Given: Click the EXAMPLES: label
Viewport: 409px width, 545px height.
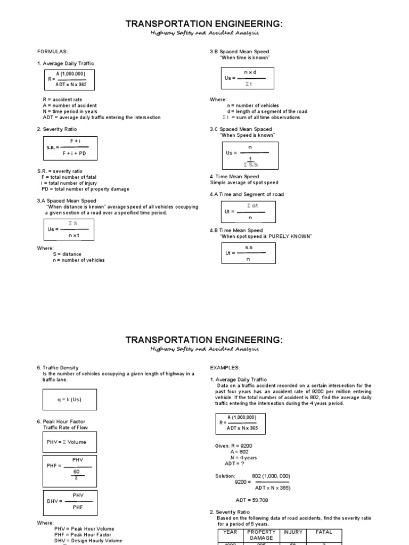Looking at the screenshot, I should [225, 367].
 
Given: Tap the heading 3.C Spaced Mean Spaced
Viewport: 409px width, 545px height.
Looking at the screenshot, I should [241, 129].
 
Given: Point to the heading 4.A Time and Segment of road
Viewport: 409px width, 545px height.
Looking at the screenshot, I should [247, 194].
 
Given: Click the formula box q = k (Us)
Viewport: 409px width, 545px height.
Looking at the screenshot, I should [70, 399].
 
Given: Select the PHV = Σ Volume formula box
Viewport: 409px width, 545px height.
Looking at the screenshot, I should [70, 442].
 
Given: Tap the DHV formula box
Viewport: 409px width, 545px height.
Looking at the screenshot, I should [70, 501].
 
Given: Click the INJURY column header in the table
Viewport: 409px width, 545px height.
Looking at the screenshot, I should [293, 532].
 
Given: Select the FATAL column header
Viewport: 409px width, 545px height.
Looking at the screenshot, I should [324, 532].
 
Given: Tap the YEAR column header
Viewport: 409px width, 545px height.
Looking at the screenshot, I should [230, 532].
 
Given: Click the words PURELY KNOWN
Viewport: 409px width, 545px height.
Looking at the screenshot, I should [292, 236].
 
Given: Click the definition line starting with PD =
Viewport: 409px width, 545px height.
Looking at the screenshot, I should [85, 189].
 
